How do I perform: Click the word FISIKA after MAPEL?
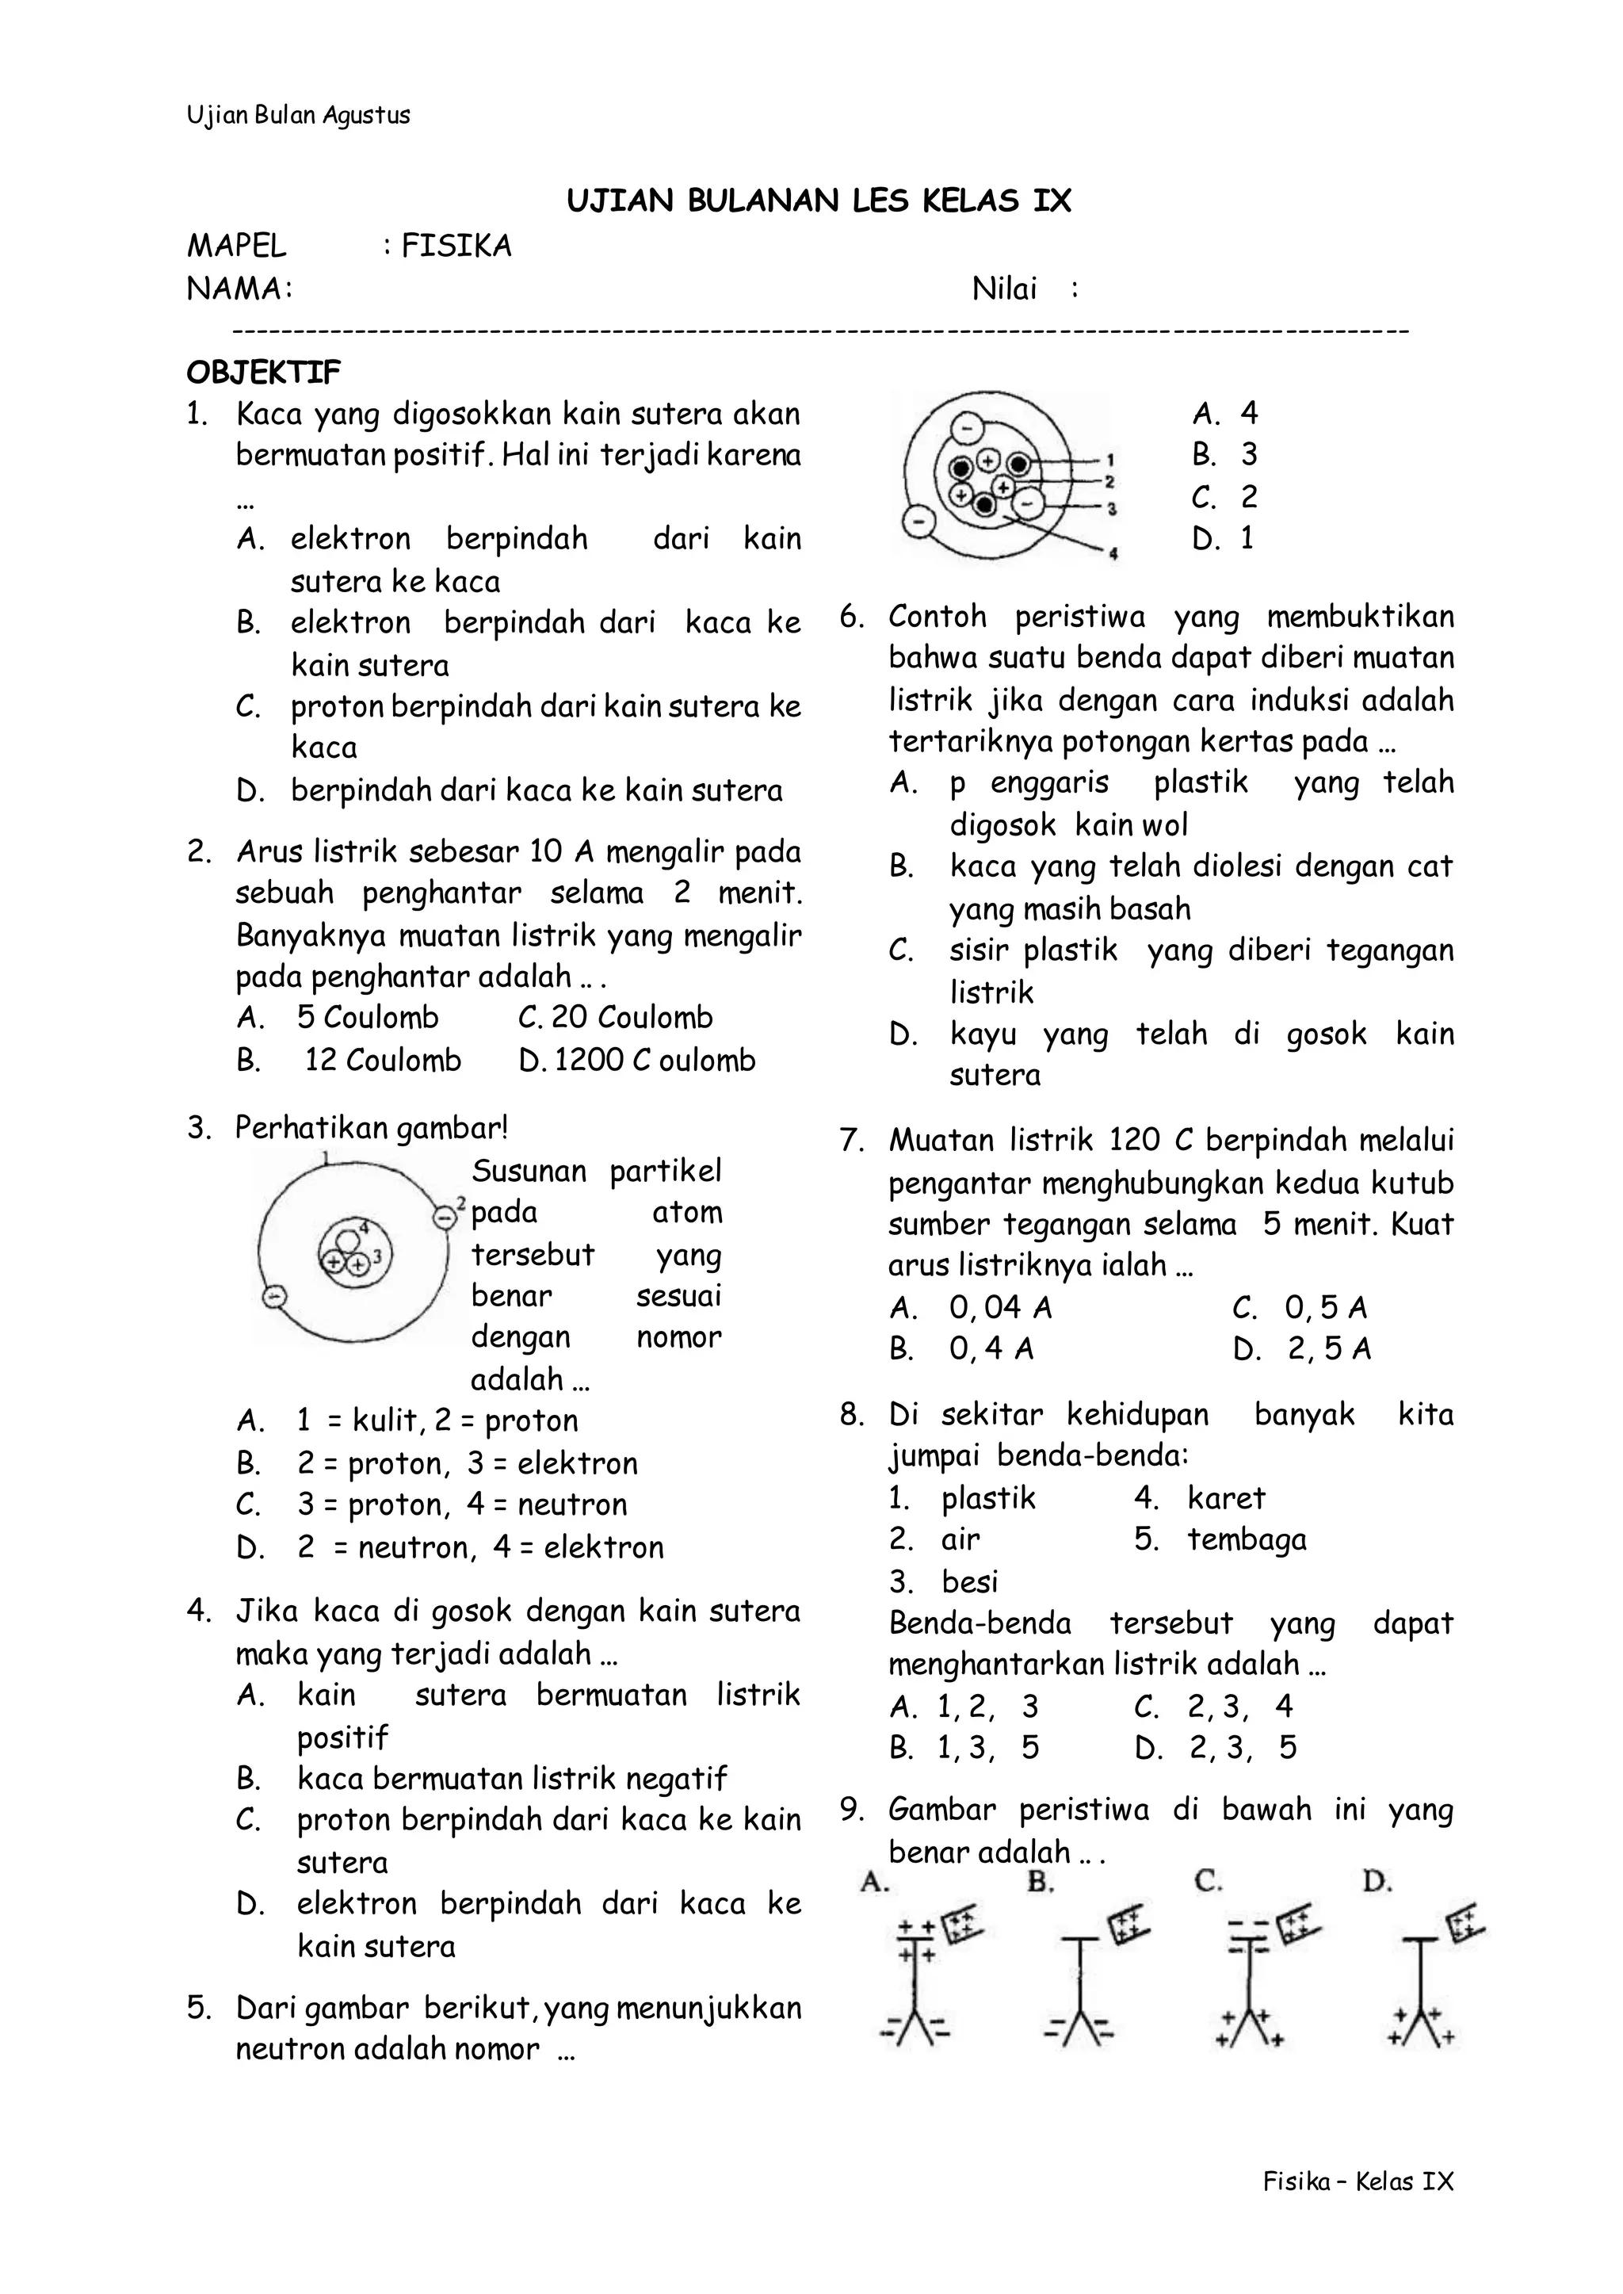coord(456,246)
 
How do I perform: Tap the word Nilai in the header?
coord(1004,290)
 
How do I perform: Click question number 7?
coord(851,1141)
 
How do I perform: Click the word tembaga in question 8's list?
coord(1247,1539)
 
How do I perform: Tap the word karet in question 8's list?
coord(1226,1497)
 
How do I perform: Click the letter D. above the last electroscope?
coord(1377,1882)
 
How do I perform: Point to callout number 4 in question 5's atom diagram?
coord(1113,555)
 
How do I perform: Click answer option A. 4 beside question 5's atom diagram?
coord(1225,413)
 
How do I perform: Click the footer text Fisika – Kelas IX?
coord(1358,2181)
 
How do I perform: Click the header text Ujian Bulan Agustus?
coord(298,115)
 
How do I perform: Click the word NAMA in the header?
coord(235,290)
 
